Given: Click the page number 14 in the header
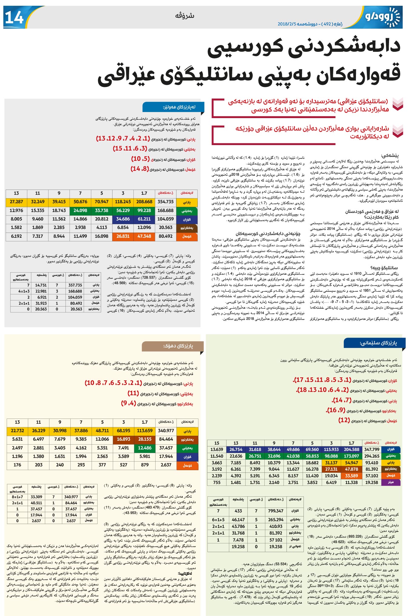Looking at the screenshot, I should pyautogui.click(x=14, y=17).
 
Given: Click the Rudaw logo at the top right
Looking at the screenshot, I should pyautogui.click(x=382, y=17).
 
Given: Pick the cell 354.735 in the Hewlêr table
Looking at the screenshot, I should pyautogui.click(x=166, y=202).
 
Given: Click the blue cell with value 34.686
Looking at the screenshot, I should pyautogui.click(x=123, y=219).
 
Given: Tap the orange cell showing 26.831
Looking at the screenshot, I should pyautogui.click(x=123, y=236).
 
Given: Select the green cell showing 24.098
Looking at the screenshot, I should pyautogui.click(x=80, y=210).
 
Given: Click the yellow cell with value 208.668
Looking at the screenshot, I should pyautogui.click(x=144, y=202).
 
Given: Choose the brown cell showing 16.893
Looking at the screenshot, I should pyautogui.click(x=123, y=439).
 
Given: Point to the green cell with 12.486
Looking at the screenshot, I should pyautogui.click(x=145, y=448).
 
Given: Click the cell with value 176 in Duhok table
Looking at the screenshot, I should pyautogui.click(x=17, y=465).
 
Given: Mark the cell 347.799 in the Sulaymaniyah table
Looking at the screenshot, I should pyautogui.click(x=372, y=449).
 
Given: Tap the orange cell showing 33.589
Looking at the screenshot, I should pyautogui.click(x=351, y=476).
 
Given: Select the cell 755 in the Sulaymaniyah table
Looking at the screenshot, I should pyautogui.click(x=217, y=482).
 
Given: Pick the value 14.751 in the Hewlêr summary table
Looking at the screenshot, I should pyautogui.click(x=41, y=285).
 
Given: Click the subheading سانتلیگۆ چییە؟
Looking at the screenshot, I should pyautogui.click(x=384, y=268).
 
